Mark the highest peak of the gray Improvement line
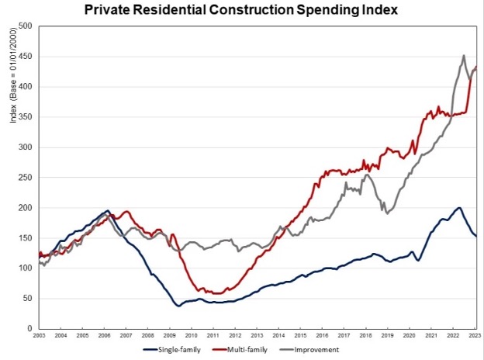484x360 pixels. [463, 56]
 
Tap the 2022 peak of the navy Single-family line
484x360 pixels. [459, 208]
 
